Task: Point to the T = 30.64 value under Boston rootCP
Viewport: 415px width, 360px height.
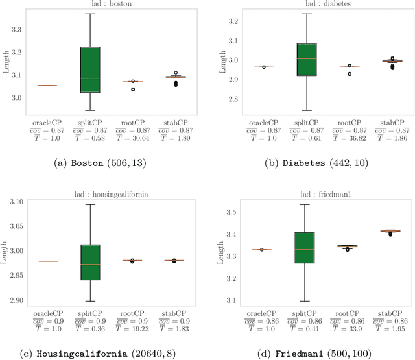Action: [133, 138]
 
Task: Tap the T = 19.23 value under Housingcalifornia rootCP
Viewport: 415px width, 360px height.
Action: [133, 328]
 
